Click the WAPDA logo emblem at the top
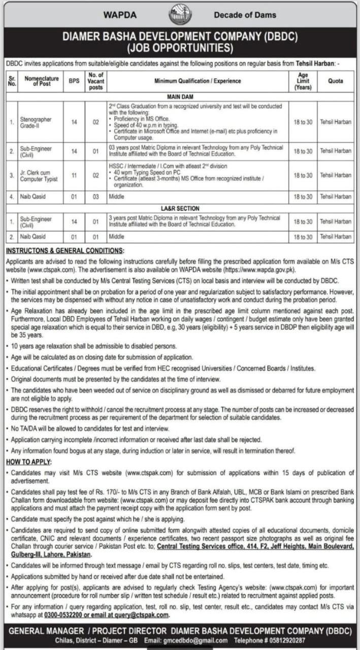pos(180,15)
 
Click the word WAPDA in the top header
pos(120,15)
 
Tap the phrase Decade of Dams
pos(245,15)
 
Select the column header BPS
pos(74,81)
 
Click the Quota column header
pos(335,81)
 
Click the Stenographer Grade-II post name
pos(37,122)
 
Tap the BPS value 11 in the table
pos(74,176)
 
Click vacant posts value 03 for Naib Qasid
pos(96,197)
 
